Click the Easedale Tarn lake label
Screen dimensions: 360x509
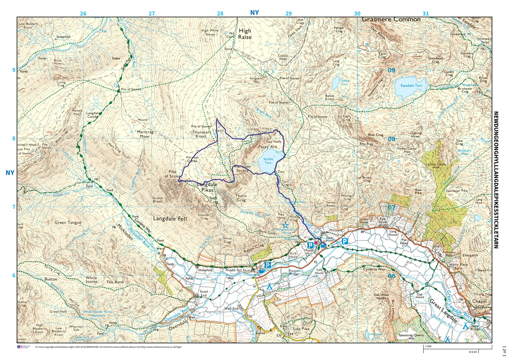tap(411, 86)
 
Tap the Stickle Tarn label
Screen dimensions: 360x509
tap(268, 161)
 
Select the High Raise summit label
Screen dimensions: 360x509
tap(245, 34)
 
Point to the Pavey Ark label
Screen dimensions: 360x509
tap(267, 147)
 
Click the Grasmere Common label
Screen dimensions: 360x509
tap(391, 19)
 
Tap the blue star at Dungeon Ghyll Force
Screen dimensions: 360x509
tap(285, 225)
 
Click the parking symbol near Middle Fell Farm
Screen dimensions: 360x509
tap(268, 265)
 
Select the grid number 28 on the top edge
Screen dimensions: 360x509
tap(220, 14)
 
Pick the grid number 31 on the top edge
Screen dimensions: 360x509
tap(425, 14)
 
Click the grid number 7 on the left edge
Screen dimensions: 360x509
tap(14, 207)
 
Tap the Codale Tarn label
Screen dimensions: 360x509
tap(344, 82)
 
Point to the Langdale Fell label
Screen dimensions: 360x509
tap(170, 218)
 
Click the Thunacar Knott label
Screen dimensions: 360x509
tap(201, 134)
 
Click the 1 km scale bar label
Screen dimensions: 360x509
tap(428, 346)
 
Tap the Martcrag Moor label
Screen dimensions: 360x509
tap(145, 134)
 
